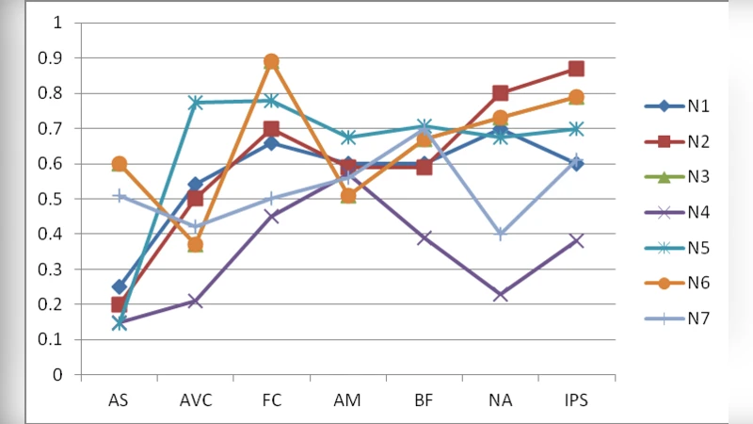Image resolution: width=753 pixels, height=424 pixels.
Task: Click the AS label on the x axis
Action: (x=119, y=400)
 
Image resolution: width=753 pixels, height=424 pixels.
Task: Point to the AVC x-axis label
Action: (x=195, y=400)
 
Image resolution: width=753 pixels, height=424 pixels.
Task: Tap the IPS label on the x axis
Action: (x=576, y=400)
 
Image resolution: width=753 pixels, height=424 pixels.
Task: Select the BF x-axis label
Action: (x=424, y=400)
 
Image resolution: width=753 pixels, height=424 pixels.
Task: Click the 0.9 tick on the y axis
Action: (x=52, y=58)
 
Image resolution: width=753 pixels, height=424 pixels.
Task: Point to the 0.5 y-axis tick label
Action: (x=52, y=199)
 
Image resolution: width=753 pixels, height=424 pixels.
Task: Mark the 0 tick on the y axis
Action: (x=57, y=375)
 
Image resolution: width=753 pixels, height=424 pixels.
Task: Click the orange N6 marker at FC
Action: (x=272, y=62)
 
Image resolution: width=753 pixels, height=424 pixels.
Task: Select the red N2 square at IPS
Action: (x=576, y=69)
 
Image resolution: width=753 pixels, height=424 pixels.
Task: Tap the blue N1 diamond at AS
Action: (x=120, y=286)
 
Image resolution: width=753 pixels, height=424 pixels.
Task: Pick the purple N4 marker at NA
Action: (x=500, y=295)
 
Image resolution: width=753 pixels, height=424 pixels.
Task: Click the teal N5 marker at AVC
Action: (x=196, y=103)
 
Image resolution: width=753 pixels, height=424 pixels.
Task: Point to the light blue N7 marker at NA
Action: (x=500, y=235)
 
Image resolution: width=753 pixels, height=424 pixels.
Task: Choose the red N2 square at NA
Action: (x=500, y=93)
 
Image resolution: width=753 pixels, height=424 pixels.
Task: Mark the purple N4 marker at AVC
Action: (x=196, y=301)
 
